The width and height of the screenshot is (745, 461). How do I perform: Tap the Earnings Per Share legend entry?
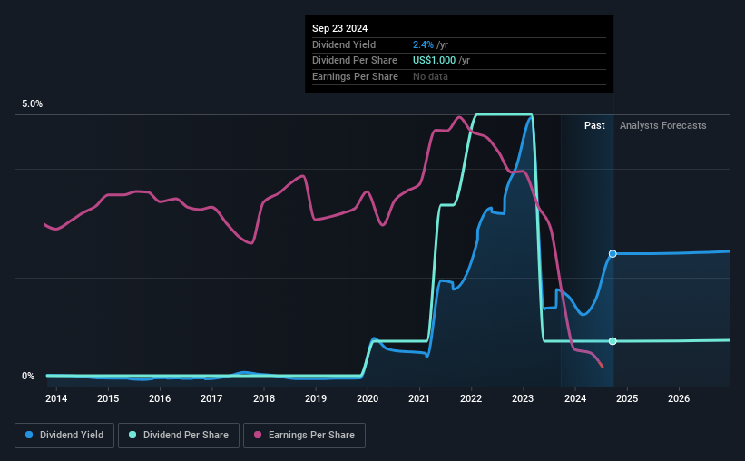point(307,436)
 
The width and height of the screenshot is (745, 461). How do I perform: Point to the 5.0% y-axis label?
point(32,104)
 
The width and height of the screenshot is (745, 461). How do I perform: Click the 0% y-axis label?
point(27,377)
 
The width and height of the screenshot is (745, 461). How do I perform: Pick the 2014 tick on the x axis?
point(56,398)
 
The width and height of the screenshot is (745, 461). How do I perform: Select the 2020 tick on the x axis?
point(368,398)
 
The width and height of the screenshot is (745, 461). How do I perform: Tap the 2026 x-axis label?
point(679,398)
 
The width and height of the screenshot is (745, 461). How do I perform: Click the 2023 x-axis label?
point(523,398)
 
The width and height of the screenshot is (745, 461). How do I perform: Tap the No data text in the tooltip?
point(430,76)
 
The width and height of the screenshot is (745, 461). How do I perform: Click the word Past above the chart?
point(594,125)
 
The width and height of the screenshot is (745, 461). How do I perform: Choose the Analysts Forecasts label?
point(662,125)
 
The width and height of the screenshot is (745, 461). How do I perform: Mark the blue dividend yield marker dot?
point(613,254)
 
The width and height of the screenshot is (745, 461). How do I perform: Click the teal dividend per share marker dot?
point(613,341)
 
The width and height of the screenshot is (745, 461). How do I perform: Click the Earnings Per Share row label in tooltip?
point(355,76)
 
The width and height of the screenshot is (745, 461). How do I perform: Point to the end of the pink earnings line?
point(603,367)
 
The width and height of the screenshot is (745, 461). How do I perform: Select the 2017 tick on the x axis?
point(211,398)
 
